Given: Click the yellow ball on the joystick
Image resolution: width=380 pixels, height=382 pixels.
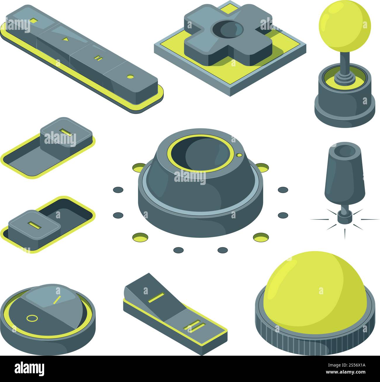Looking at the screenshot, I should click(344, 26).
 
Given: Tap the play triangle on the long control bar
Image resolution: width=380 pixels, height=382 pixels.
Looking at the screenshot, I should click(66, 39).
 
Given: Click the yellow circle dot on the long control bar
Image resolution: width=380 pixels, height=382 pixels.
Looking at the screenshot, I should click(130, 77).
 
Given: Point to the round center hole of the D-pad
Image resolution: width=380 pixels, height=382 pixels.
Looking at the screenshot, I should click(228, 30).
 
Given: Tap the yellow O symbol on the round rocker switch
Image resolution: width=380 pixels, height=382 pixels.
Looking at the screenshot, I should click(32, 318).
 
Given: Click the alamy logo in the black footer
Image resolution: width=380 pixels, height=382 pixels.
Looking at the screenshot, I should click(30, 369).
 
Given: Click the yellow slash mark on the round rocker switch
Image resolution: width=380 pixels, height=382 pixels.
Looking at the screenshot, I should click(58, 300).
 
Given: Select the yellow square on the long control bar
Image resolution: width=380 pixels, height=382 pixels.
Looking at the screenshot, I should click(34, 20).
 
